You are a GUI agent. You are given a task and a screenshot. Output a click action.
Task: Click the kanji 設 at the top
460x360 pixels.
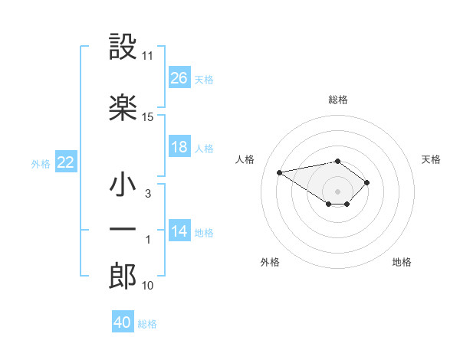[x=123, y=47]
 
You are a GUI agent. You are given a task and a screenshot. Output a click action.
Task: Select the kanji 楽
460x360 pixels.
[x=123, y=107]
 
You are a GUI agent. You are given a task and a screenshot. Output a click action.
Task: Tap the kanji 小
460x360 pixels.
[x=123, y=186]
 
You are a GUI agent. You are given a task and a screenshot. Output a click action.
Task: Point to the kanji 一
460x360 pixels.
[x=123, y=229]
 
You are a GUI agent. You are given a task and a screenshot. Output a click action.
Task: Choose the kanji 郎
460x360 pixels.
[x=123, y=276]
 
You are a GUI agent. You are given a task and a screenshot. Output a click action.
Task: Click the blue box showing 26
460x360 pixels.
[x=179, y=78]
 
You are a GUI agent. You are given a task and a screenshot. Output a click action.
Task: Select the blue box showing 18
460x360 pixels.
[x=179, y=147]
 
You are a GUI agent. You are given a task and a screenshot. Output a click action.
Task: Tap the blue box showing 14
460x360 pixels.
[x=179, y=231]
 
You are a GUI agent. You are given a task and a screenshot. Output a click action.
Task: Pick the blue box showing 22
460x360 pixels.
[x=66, y=162]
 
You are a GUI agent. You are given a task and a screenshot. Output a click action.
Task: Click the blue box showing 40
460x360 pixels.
[x=123, y=322]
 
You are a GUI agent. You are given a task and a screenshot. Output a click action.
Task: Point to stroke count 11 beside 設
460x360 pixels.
[x=148, y=56]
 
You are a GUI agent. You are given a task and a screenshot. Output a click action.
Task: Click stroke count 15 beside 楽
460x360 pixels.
[x=148, y=116]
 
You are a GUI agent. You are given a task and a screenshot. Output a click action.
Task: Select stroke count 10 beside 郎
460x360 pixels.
[x=148, y=286]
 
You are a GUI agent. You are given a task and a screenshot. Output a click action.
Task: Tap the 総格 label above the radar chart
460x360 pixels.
[x=338, y=100]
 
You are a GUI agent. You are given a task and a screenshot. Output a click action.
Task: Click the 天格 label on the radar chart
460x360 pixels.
[x=431, y=159]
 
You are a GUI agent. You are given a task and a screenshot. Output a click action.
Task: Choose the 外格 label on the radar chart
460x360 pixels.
[x=270, y=262]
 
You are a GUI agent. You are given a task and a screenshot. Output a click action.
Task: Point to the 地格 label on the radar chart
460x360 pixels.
[x=402, y=262]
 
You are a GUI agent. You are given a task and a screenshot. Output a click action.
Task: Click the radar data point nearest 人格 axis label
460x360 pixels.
[x=280, y=172]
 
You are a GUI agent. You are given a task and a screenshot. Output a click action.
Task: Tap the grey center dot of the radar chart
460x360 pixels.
[x=337, y=191]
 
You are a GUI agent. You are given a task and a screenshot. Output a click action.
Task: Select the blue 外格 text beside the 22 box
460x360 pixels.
[x=41, y=163]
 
